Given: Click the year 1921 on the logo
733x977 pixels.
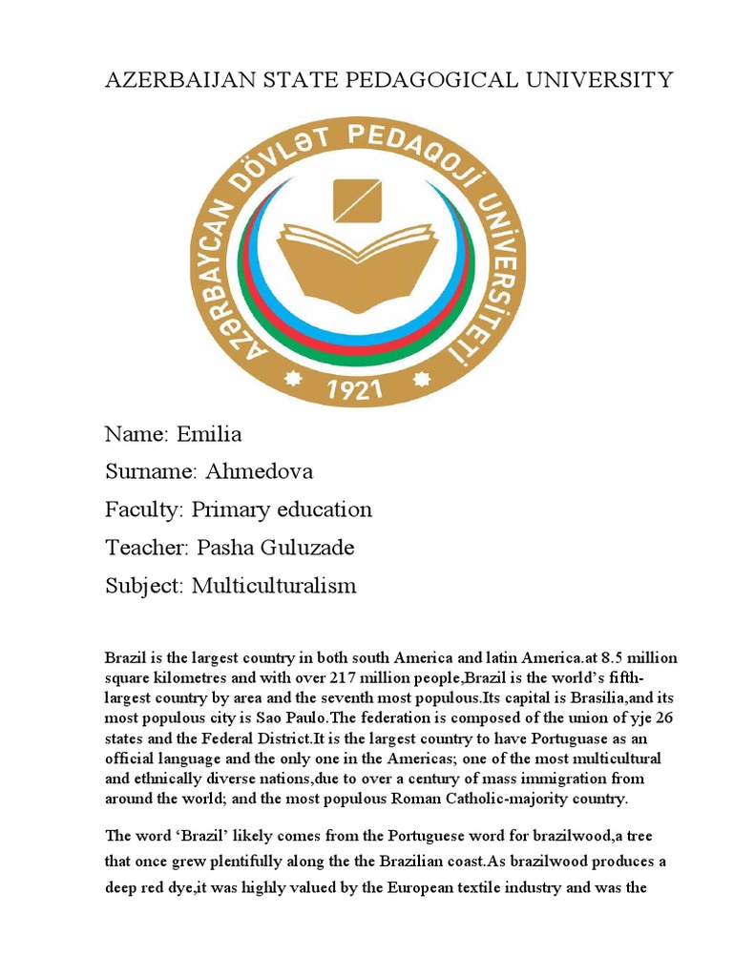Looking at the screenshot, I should pyautogui.click(x=356, y=389).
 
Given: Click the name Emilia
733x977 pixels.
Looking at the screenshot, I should pyautogui.click(x=209, y=435).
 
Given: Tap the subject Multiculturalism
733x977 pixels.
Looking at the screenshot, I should pyautogui.click(x=274, y=586).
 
